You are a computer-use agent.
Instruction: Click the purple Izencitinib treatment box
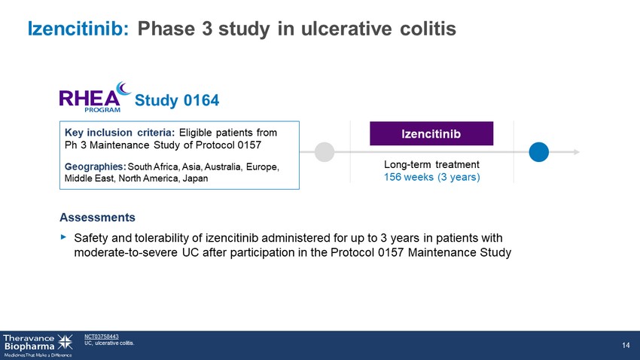coord(431,133)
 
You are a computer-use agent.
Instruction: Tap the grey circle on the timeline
coord(325,152)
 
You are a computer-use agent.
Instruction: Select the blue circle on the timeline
coord(539,152)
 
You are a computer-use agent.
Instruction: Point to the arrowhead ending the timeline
coord(576,152)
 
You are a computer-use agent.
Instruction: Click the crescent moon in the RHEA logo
coord(123,88)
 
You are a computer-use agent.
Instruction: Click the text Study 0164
coord(177,100)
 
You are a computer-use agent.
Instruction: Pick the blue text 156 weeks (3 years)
coord(432,177)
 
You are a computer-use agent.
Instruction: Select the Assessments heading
coord(97,218)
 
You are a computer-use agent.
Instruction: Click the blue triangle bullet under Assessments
coord(63,236)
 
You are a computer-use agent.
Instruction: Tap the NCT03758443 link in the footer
coord(101,337)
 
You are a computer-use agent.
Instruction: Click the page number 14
coord(626,345)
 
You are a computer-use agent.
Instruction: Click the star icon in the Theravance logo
coord(65,342)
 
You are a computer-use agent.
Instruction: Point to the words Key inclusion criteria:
coord(120,133)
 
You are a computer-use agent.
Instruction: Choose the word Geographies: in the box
coord(95,166)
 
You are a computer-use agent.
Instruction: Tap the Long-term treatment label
coord(431,164)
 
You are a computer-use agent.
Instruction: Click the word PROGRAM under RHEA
coord(102,110)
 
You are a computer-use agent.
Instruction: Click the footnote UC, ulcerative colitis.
coord(109,343)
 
